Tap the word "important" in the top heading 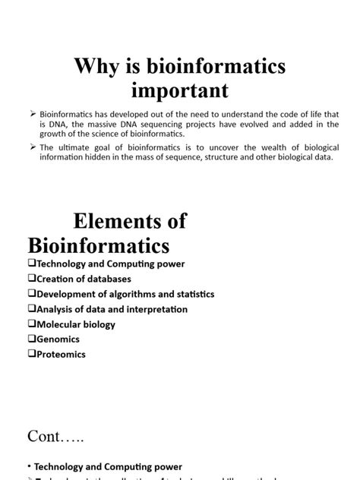point(180,91)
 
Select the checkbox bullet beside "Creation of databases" point(31,279)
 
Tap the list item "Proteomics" point(62,355)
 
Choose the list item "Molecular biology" point(76,324)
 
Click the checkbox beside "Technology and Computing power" point(31,264)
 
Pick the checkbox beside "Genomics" point(31,339)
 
